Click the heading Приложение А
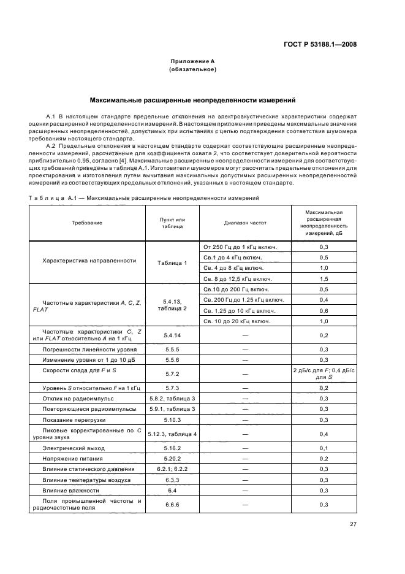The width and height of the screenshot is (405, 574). pos(192,61)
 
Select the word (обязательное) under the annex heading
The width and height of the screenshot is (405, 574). pos(192,70)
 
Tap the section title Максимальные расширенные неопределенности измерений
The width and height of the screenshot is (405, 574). pos(192,99)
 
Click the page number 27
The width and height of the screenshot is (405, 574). pos(353,524)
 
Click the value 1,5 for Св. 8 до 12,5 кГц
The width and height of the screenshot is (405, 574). pos(324,278)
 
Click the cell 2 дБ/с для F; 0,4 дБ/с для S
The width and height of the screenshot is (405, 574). pos(324,374)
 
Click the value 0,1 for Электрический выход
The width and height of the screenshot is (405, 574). pos(324,448)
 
